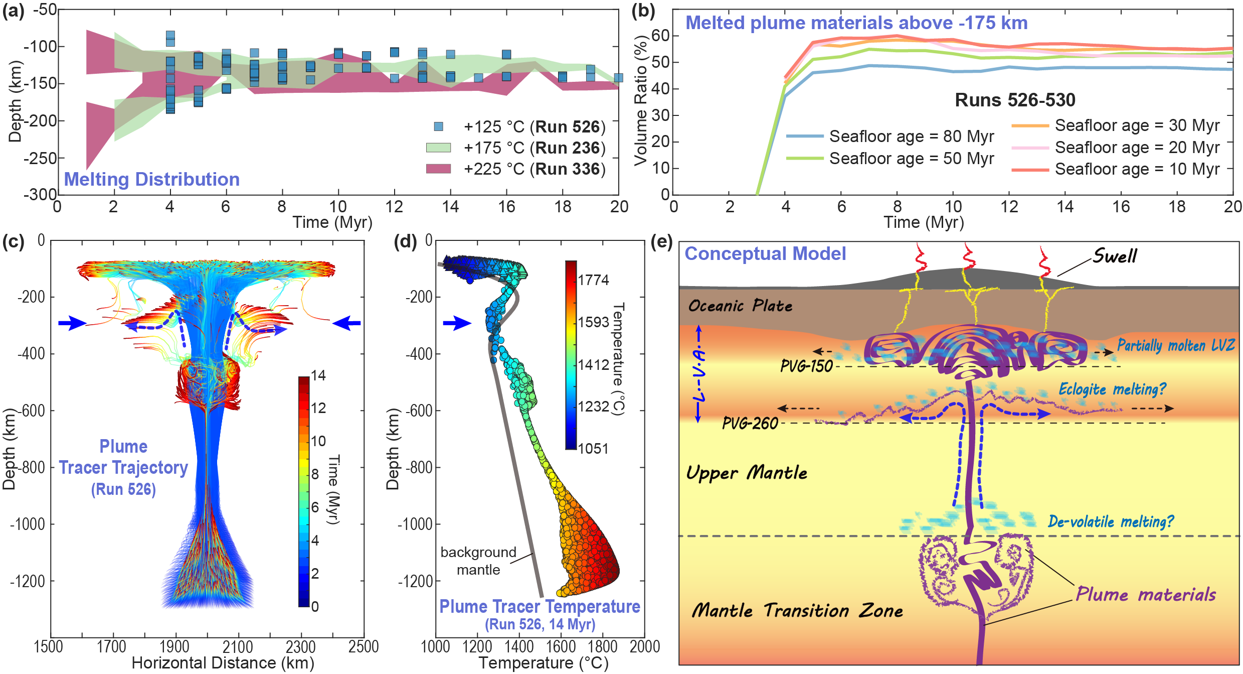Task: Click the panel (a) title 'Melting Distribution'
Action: (151, 179)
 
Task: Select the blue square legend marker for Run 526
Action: (438, 126)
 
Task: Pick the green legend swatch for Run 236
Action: (438, 148)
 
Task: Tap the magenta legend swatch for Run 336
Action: (438, 169)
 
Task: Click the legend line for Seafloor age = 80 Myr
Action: (805, 136)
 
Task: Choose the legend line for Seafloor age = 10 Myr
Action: (1030, 170)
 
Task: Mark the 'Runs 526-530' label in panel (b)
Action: (1015, 100)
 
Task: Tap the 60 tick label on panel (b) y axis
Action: (660, 36)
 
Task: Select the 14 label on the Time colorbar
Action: (318, 375)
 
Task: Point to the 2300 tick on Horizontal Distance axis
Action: (300, 646)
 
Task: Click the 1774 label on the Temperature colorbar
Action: (593, 280)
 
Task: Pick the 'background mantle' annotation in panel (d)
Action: (478, 561)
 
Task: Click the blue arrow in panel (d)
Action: (457, 323)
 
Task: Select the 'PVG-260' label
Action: (750, 423)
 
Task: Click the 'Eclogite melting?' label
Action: (1112, 389)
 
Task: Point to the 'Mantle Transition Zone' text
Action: (797, 610)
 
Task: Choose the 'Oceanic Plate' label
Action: (740, 306)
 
